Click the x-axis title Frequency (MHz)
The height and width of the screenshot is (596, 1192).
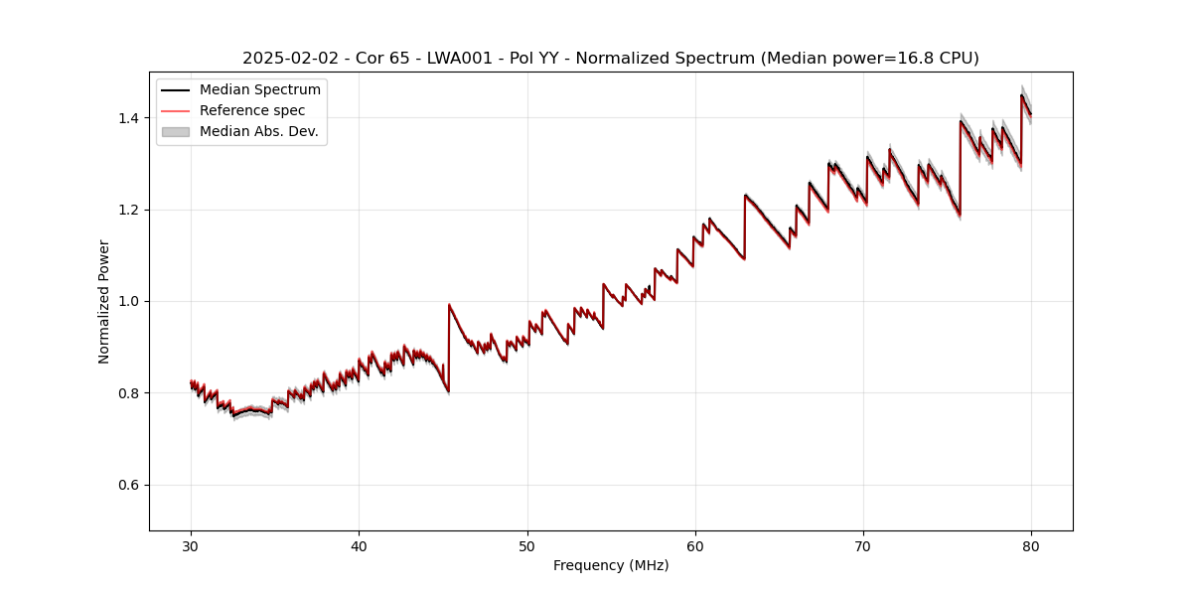pyautogui.click(x=611, y=565)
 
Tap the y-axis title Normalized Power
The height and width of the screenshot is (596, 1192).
pyautogui.click(x=104, y=301)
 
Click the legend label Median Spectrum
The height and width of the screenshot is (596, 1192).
pyautogui.click(x=260, y=90)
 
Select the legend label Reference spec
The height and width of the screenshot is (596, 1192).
pyautogui.click(x=252, y=110)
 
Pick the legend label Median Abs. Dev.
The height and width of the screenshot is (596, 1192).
pyautogui.click(x=259, y=131)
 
